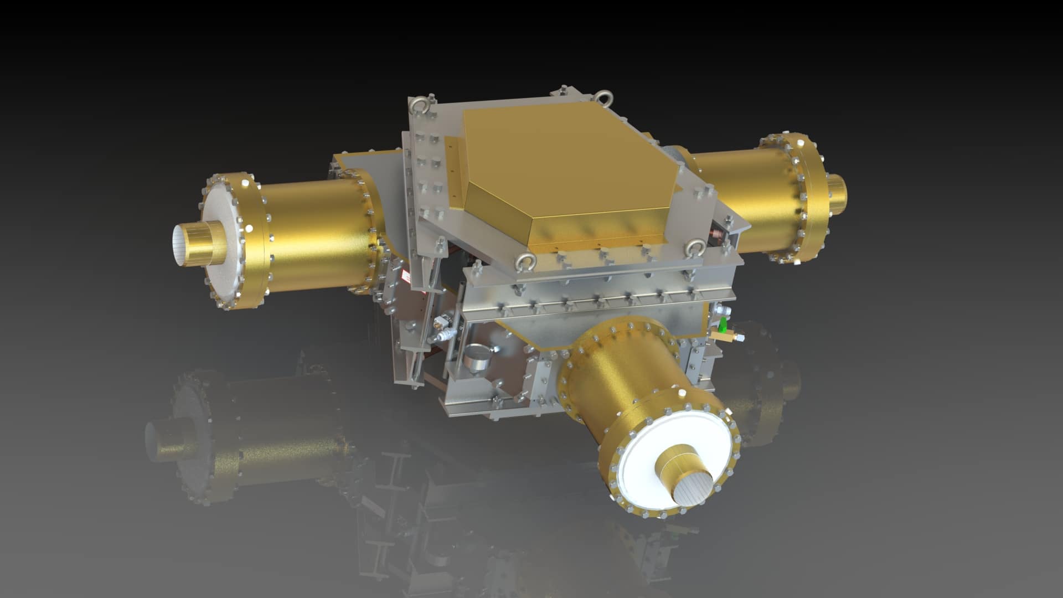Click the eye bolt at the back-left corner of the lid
416,104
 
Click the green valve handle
724,322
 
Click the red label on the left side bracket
409,276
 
